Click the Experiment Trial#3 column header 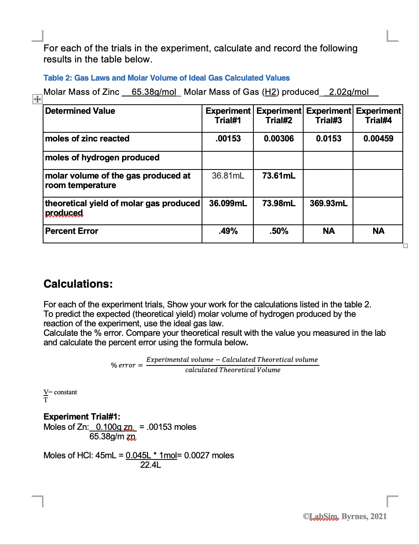pyautogui.click(x=328, y=116)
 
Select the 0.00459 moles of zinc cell pyautogui.click(x=378, y=139)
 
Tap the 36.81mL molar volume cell pyautogui.click(x=228, y=176)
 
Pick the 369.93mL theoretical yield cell pyautogui.click(x=328, y=203)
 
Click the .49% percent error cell pyautogui.click(x=228, y=231)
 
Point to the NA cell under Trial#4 pyautogui.click(x=378, y=231)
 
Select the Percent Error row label pyautogui.click(x=72, y=231)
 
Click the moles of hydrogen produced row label pyautogui.click(x=102, y=158)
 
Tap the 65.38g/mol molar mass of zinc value pyautogui.click(x=153, y=92)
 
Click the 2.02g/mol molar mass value pyautogui.click(x=349, y=92)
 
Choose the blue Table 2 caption pyautogui.click(x=166, y=78)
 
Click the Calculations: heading pyautogui.click(x=78, y=284)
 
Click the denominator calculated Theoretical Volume pyautogui.click(x=232, y=370)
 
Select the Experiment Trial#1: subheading pyautogui.click(x=82, y=417)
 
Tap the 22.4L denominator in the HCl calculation pyautogui.click(x=151, y=465)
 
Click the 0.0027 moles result pyautogui.click(x=209, y=456)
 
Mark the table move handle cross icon pyautogui.click(x=37, y=99)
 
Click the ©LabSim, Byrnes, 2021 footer pyautogui.click(x=345, y=516)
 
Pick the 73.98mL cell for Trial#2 pyautogui.click(x=278, y=203)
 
